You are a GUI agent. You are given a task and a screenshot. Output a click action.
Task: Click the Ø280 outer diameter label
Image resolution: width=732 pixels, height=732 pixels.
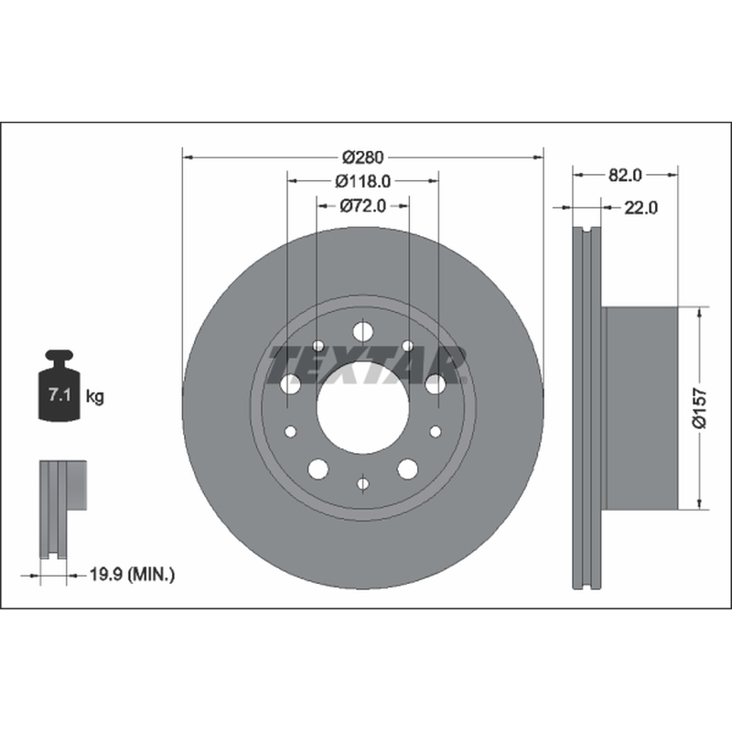click(x=362, y=157)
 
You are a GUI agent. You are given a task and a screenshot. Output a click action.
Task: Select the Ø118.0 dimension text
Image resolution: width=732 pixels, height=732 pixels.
click(x=362, y=181)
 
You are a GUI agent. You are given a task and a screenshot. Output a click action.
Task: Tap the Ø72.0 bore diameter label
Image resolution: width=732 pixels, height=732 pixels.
click(x=362, y=206)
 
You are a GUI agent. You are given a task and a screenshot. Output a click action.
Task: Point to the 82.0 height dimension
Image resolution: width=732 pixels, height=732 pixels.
click(x=625, y=175)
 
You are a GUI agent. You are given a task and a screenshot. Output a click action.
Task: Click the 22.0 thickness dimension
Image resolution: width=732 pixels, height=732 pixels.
click(x=641, y=208)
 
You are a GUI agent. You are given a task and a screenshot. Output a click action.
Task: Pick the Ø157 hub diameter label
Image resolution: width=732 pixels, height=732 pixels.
click(x=700, y=407)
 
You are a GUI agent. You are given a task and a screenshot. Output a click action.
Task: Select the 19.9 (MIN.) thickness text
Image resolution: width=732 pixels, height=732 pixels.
click(x=132, y=575)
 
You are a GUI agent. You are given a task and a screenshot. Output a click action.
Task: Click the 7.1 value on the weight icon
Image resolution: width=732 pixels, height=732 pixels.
click(x=59, y=395)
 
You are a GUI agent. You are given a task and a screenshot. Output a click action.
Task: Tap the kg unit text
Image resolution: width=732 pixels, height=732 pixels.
click(x=95, y=397)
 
